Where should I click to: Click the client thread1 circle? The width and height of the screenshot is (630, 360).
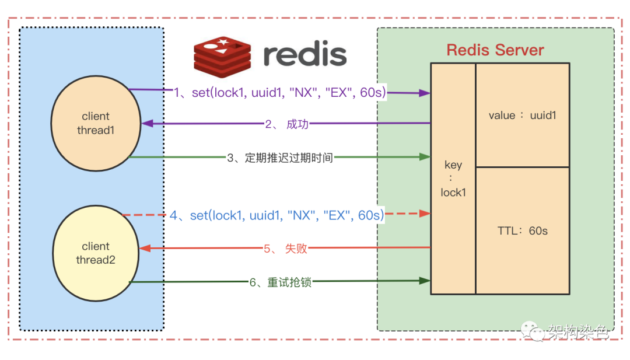pyautogui.click(x=96, y=123)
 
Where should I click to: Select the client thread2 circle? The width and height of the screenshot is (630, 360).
pyautogui.click(x=96, y=253)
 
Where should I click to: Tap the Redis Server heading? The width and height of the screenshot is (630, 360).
pyautogui.click(x=495, y=50)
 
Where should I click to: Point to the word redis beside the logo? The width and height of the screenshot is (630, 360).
pyautogui.click(x=304, y=55)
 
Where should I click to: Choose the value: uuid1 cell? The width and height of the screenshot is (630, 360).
pyautogui.click(x=522, y=115)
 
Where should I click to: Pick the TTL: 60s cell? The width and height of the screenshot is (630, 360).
pyautogui.click(x=522, y=230)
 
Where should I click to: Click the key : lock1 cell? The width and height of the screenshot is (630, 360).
pyautogui.click(x=453, y=179)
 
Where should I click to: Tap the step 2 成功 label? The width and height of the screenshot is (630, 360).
pyautogui.click(x=286, y=124)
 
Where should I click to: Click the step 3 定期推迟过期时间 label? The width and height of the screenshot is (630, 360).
pyautogui.click(x=280, y=157)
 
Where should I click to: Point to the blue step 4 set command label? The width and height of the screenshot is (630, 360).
pyautogui.click(x=277, y=215)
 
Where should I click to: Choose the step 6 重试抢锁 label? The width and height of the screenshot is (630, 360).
pyautogui.click(x=281, y=282)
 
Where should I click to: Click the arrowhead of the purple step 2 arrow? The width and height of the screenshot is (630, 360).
pyautogui.click(x=147, y=124)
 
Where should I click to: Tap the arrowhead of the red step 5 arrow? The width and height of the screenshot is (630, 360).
pyautogui.click(x=146, y=249)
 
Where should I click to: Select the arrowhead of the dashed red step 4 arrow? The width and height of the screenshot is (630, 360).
pyautogui.click(x=426, y=214)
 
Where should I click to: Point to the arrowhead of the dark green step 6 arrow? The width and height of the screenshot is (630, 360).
pyautogui.click(x=425, y=281)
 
